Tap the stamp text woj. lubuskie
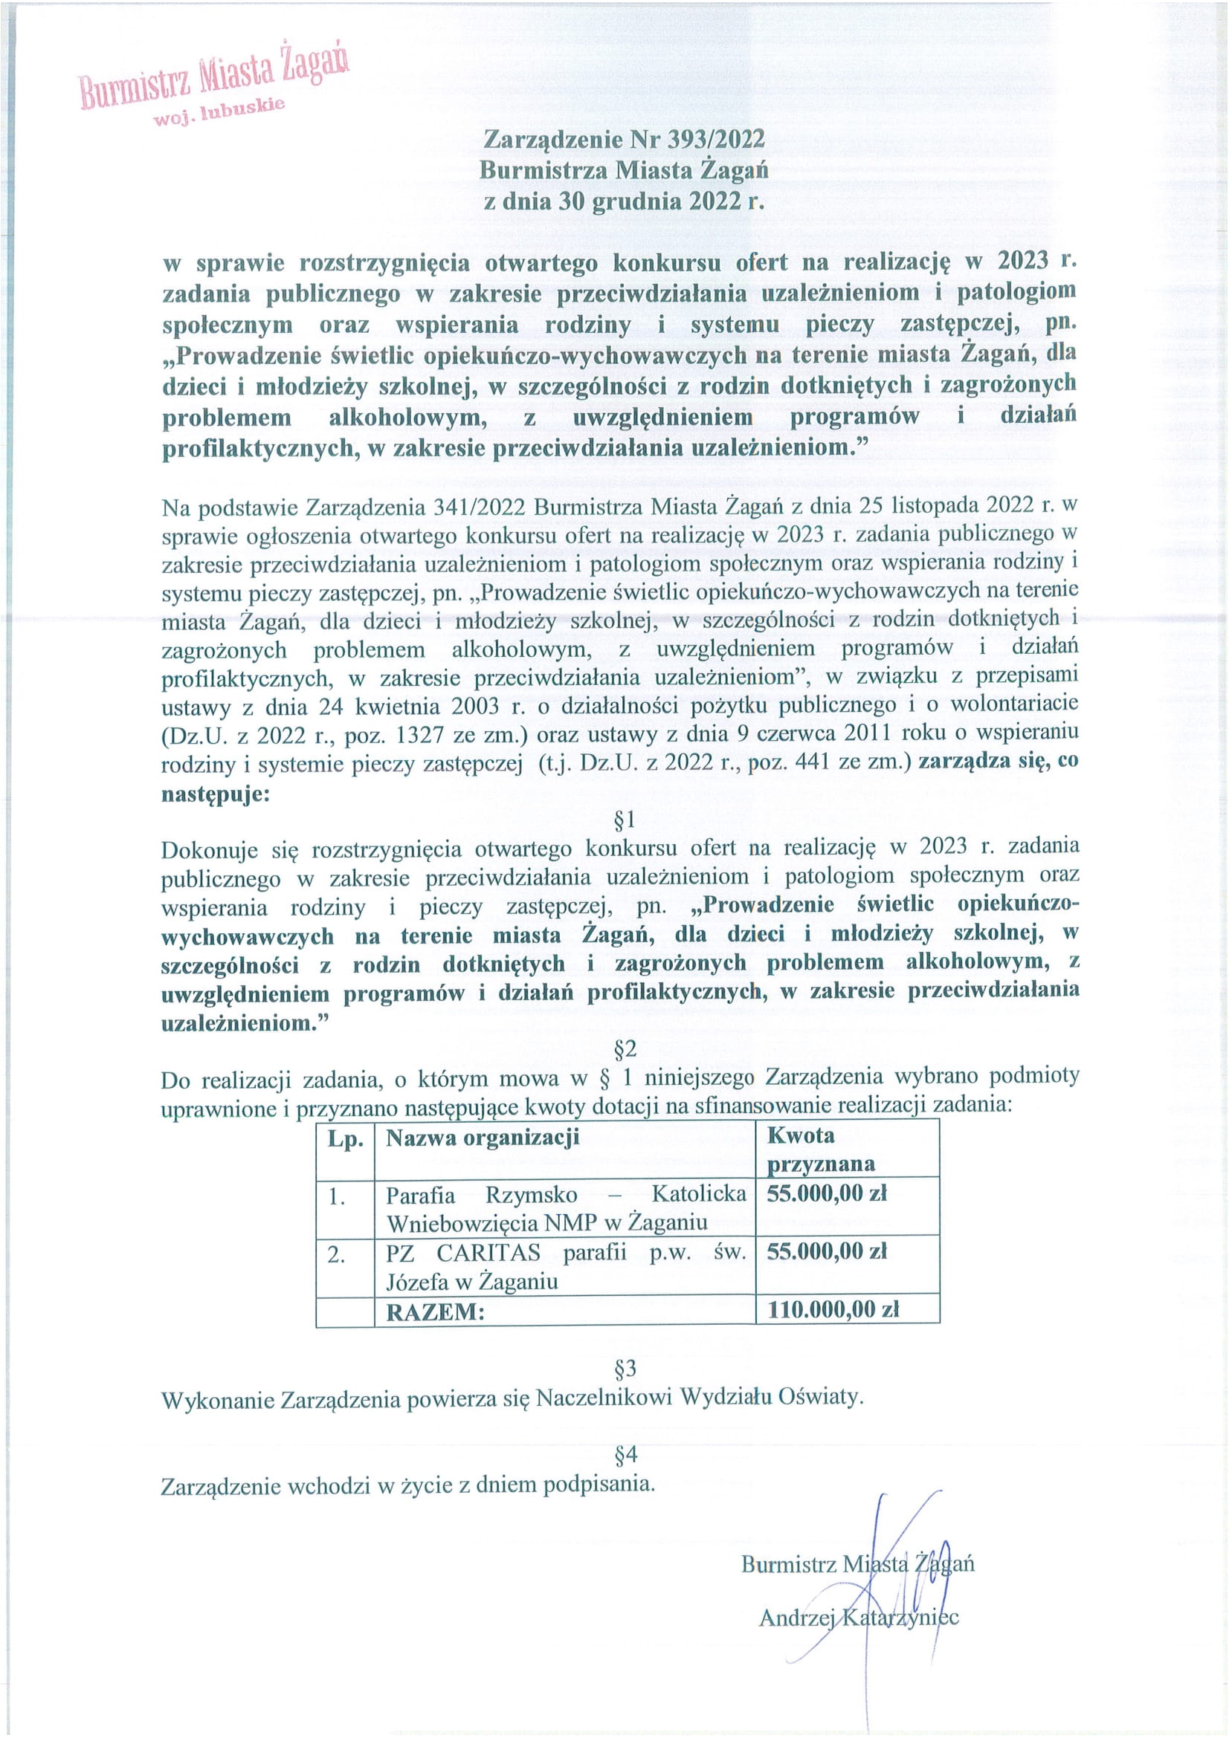tap(219, 111)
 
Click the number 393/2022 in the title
tap(715, 139)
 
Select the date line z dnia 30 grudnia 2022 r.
tap(624, 201)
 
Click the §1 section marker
tap(625, 820)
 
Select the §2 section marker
tap(625, 1048)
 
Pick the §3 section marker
tap(625, 1368)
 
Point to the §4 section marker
tap(625, 1454)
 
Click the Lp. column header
tap(345, 1138)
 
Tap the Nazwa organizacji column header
tap(483, 1138)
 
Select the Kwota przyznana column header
tap(820, 1149)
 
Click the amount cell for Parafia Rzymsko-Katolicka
tap(826, 1194)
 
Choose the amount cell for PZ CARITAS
tap(826, 1252)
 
